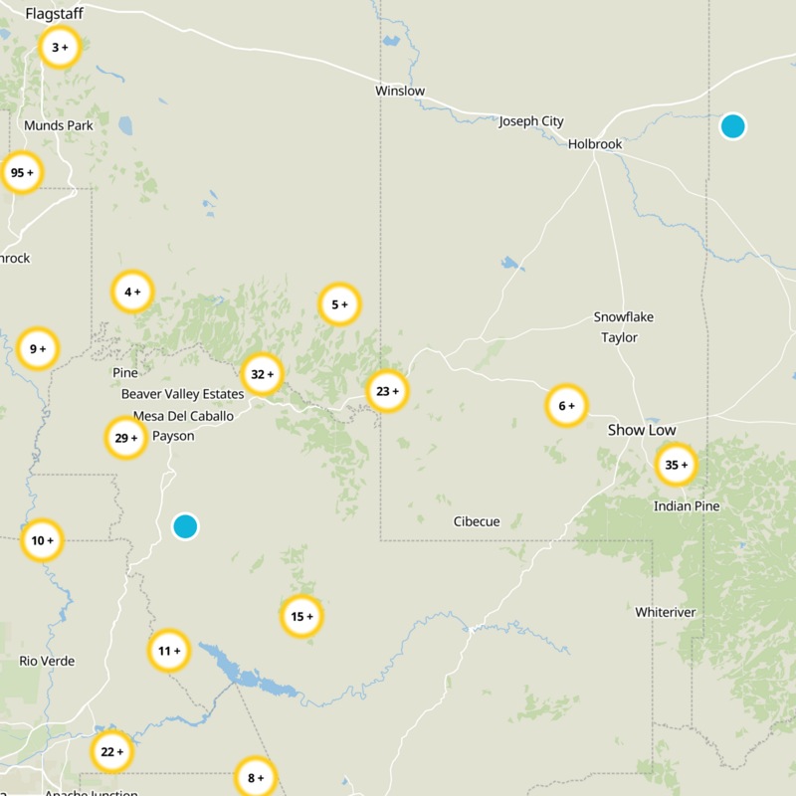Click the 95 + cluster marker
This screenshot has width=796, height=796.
(x=21, y=173)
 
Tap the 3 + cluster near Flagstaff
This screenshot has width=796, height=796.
(x=60, y=47)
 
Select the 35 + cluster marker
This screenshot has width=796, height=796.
(x=677, y=465)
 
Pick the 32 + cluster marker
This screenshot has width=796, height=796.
(x=263, y=374)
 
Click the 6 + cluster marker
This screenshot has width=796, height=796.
(x=567, y=405)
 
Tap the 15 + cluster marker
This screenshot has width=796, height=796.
(x=301, y=617)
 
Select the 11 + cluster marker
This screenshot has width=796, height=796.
(x=169, y=651)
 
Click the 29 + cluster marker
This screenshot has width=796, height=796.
(x=126, y=438)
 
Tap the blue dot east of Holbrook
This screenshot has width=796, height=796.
(x=732, y=126)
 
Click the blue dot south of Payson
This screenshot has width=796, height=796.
(x=185, y=526)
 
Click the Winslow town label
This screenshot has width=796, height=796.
(x=400, y=91)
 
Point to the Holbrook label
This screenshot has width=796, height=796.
(x=595, y=144)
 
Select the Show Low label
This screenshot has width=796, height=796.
(x=642, y=430)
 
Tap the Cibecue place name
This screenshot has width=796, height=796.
(x=477, y=521)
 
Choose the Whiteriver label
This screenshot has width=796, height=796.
(x=666, y=612)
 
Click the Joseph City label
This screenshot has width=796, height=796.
(x=531, y=121)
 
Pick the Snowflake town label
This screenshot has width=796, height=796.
(x=624, y=316)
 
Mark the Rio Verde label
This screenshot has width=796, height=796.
(x=47, y=661)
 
